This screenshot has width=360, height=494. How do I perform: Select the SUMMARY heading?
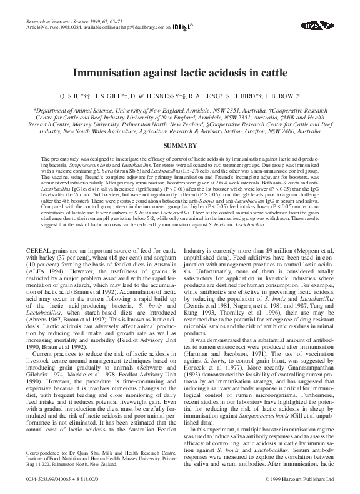(x=180, y=145)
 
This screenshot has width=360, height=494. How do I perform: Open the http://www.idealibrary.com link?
(x=135, y=28)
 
